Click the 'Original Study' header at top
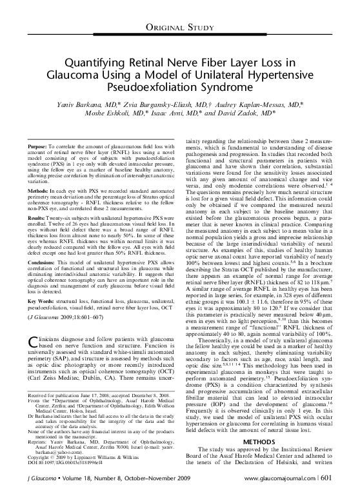coord(180,26)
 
